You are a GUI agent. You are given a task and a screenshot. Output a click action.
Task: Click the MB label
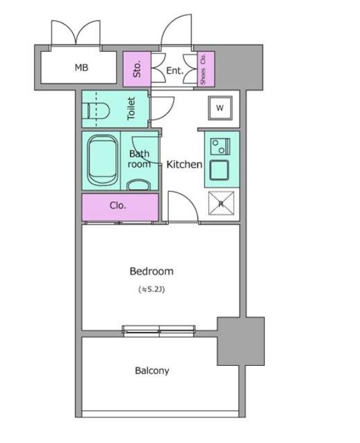point(82,68)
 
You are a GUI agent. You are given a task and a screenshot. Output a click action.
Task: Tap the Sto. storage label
point(137,69)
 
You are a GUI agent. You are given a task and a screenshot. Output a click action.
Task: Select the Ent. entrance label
point(175,71)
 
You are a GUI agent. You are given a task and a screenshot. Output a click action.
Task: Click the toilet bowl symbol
point(98,110)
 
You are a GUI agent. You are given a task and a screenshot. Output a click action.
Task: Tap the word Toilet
point(131,108)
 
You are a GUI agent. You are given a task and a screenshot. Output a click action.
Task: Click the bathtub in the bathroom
point(102,160)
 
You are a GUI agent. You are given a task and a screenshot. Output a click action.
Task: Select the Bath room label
point(139,159)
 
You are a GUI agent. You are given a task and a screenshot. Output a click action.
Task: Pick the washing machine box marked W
point(220,107)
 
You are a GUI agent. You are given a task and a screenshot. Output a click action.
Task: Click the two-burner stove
point(220,147)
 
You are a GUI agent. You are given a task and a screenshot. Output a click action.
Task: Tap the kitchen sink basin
point(219,170)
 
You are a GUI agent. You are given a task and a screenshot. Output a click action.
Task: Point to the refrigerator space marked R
point(221,203)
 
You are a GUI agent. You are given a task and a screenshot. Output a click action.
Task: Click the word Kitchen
point(185,164)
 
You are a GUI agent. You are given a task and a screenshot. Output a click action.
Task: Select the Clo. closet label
point(118,206)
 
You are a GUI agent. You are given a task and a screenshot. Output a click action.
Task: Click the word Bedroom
point(151,271)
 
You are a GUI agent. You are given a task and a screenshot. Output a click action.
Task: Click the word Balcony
point(152,371)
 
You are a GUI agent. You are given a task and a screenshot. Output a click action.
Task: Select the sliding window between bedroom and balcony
point(159,331)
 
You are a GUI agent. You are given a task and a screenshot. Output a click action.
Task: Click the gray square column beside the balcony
point(240,341)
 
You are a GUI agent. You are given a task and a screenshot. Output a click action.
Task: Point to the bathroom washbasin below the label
point(139,185)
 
